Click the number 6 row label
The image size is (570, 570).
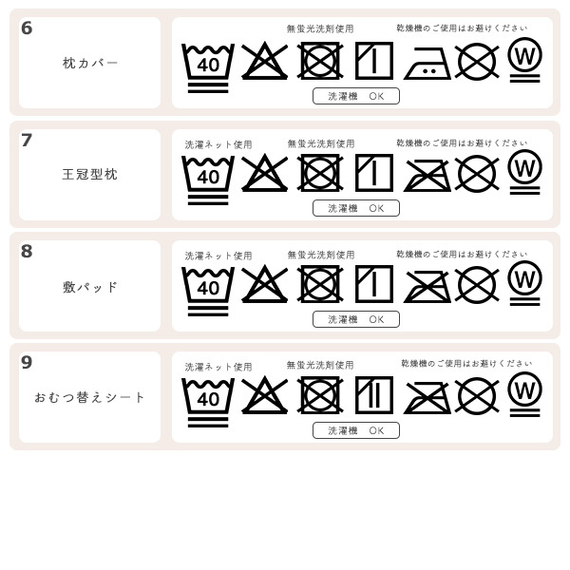click(x=27, y=28)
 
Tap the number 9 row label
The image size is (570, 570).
click(x=27, y=363)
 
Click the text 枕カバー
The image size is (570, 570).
click(x=90, y=64)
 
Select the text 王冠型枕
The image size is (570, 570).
click(x=90, y=175)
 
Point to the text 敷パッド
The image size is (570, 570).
click(x=90, y=287)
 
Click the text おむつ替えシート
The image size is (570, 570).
click(x=90, y=398)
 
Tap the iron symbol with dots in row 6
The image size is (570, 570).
click(x=427, y=63)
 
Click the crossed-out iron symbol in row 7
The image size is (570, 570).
click(x=427, y=175)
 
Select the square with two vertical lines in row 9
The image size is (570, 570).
click(x=373, y=395)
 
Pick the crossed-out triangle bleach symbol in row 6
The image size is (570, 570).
click(x=264, y=62)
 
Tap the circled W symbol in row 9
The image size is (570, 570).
click(x=524, y=390)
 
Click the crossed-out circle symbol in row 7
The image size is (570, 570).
click(x=477, y=174)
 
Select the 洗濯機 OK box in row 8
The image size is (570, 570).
click(x=356, y=319)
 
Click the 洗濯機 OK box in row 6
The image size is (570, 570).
click(x=356, y=96)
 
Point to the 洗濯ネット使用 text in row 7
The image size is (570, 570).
click(x=218, y=145)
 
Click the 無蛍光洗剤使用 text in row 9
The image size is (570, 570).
click(x=320, y=366)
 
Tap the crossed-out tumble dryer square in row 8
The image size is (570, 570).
click(x=320, y=284)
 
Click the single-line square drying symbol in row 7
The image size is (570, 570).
click(x=373, y=173)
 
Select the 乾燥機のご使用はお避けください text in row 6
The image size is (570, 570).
click(x=462, y=28)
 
